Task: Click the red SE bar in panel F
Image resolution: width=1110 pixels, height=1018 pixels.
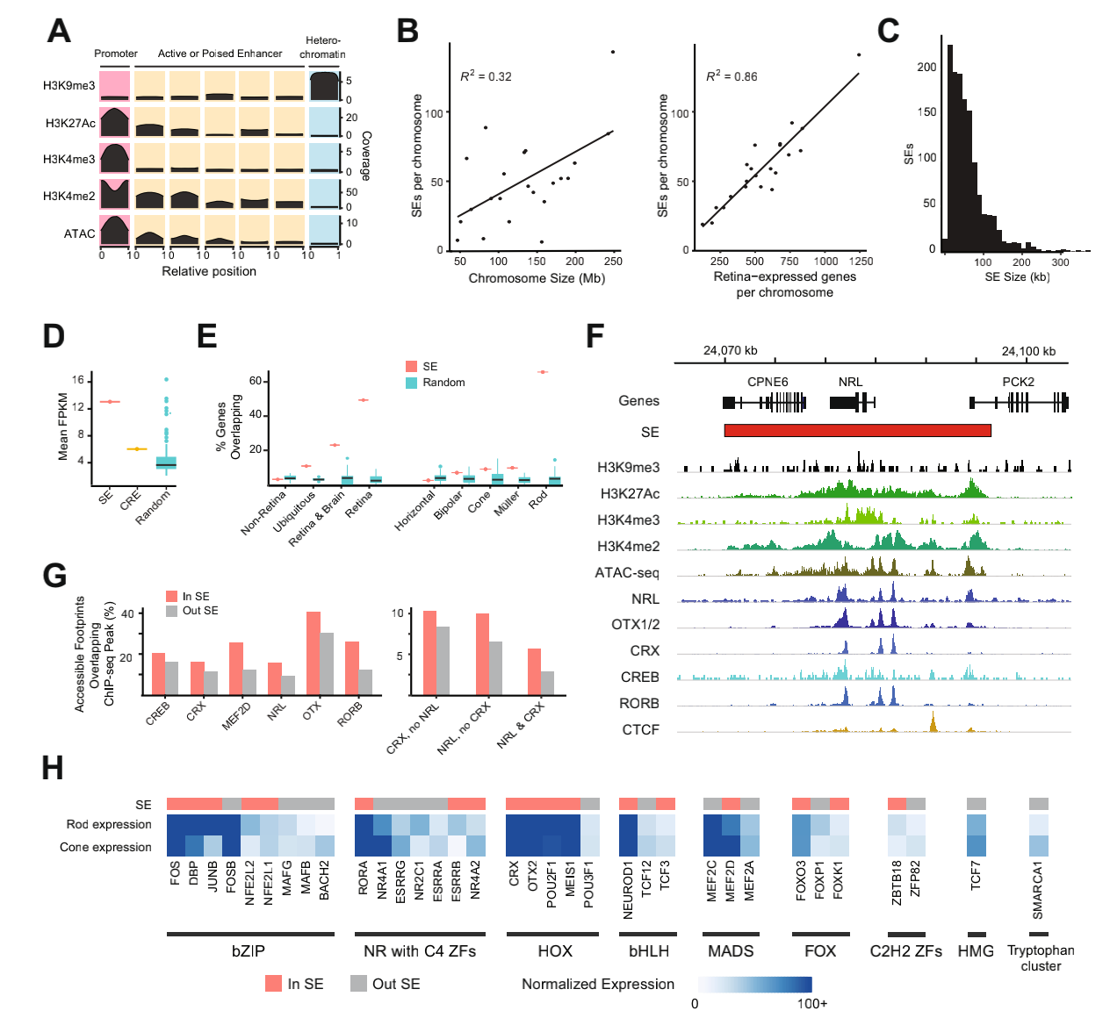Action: (857, 430)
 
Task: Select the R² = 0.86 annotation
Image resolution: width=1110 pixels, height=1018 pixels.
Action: (732, 76)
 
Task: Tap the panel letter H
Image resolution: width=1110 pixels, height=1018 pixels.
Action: (53, 768)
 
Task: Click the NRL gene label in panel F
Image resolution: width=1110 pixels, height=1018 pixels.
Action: (850, 382)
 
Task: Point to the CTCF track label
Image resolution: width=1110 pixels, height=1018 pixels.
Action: (640, 729)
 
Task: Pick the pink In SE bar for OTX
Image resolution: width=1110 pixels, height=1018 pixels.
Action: (313, 654)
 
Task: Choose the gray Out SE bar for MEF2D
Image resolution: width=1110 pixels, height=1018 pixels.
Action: (249, 682)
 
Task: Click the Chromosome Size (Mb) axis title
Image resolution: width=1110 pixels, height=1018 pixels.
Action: (537, 278)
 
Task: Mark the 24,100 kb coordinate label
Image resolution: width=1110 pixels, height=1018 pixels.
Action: (1028, 351)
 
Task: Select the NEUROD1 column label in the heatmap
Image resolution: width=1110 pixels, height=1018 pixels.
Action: (628, 890)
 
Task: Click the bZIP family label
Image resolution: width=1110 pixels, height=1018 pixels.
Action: (249, 951)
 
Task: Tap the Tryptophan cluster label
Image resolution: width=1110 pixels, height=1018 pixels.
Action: (1041, 957)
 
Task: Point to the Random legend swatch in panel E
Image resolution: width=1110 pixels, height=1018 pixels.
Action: (411, 383)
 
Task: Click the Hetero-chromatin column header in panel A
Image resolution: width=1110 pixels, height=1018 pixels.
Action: (322, 47)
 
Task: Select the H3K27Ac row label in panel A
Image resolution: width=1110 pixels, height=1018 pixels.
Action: (70, 123)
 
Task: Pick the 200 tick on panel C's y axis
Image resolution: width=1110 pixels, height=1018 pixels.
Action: (926, 67)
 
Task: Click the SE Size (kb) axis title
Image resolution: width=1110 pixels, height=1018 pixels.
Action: (1017, 276)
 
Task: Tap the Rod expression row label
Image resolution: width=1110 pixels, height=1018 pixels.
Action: (109, 824)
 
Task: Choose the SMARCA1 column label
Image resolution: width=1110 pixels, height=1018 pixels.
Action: (1038, 889)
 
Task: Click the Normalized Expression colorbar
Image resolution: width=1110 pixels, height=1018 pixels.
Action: (754, 984)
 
